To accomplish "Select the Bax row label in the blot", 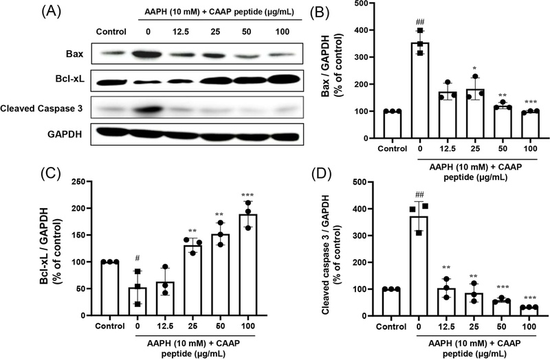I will pyautogui.click(x=77, y=53).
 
